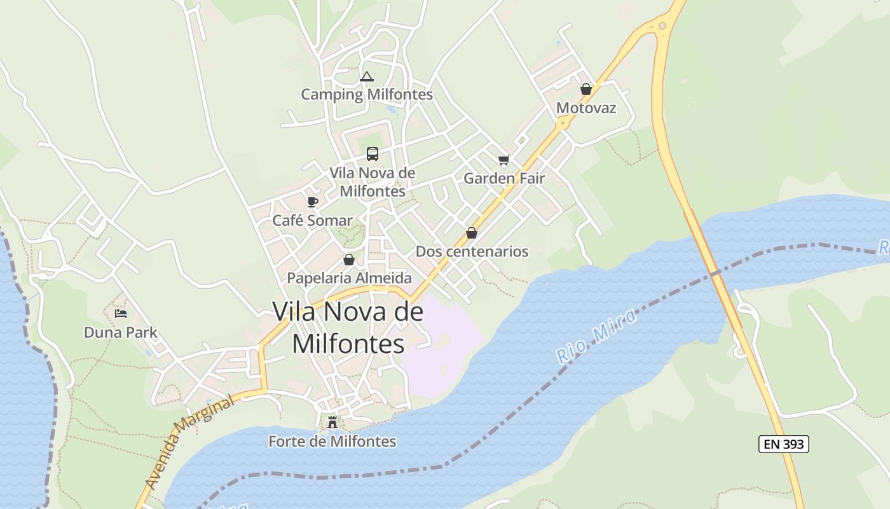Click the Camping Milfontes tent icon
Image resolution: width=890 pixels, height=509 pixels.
coord(366,77)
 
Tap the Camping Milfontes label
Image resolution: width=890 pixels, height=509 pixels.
coord(367,95)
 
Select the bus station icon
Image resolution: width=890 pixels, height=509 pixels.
coord(373,154)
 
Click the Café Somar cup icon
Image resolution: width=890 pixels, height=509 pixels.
coord(312,202)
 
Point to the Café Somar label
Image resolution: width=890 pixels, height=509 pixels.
coord(312,221)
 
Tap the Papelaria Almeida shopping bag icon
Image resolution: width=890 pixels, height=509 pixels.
coord(348,260)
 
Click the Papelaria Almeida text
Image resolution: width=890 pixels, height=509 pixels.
coord(349,278)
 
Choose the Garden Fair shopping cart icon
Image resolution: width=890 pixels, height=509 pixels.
coord(504,160)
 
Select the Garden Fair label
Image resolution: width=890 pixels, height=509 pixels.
coord(504,178)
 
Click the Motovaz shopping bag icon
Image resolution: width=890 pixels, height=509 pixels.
coord(586,90)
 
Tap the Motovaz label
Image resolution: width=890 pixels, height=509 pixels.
coord(586,108)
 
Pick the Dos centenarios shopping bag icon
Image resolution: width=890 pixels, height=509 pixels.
coord(472,233)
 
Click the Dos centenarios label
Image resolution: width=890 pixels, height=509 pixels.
coord(472,251)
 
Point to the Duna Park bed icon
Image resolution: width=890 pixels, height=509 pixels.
coord(121,314)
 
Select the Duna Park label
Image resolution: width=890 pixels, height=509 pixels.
coord(121,332)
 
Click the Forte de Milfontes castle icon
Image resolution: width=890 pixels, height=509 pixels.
coord(332,422)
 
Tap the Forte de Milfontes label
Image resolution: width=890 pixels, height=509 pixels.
coord(332,441)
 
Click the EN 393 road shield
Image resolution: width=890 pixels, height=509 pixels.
coord(783,444)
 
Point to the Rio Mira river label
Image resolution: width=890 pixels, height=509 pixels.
coord(596,337)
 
